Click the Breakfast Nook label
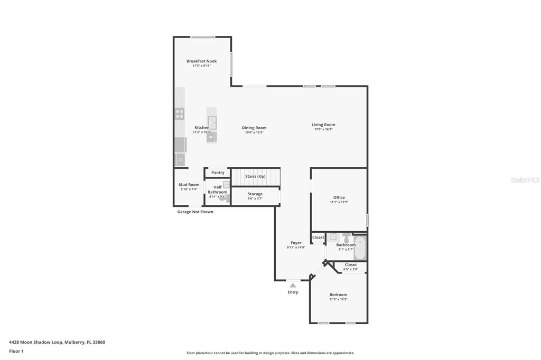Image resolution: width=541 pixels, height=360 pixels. point(201,61)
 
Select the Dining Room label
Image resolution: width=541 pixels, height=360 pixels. point(254,128)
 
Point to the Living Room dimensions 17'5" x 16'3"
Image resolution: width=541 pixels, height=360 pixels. point(323,129)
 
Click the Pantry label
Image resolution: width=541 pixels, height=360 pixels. point(218,173)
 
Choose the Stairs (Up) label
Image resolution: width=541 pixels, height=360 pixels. point(255,176)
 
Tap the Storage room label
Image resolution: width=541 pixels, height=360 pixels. point(255,194)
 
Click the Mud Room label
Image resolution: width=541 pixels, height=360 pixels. point(189,185)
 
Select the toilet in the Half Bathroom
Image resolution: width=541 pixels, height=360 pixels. point(222,198)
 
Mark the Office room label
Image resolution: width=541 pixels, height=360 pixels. point(339,197)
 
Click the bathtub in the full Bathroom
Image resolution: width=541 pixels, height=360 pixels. point(360,248)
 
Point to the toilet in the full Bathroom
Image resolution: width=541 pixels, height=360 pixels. point(346,238)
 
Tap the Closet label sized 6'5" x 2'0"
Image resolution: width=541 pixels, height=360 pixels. point(351,265)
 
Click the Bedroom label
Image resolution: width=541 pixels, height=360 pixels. point(338,295)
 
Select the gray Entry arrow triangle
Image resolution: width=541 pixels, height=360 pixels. point(293,286)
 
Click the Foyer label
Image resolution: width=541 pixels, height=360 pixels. point(296,243)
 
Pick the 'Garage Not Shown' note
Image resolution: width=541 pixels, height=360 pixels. point(195,212)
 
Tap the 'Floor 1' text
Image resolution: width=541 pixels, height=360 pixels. point(16,351)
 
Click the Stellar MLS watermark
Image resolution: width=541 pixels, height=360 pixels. point(525,180)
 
